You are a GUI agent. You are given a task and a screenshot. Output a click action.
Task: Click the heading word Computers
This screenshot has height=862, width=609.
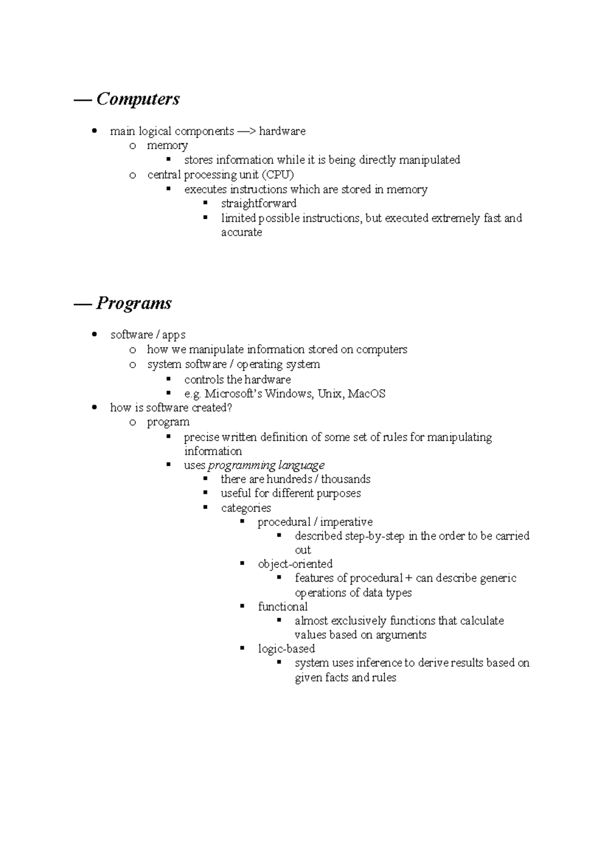pyautogui.click(x=138, y=99)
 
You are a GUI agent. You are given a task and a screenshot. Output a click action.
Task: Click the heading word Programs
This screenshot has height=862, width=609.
pyautogui.click(x=134, y=304)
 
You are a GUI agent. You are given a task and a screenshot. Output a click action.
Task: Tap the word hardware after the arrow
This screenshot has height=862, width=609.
pyautogui.click(x=282, y=131)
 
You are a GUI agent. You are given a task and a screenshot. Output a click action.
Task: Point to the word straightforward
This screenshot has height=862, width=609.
pyautogui.click(x=259, y=204)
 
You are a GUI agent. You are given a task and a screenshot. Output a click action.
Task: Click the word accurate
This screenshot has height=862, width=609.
pyautogui.click(x=242, y=233)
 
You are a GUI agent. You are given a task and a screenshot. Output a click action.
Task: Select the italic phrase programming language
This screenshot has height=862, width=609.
pyautogui.click(x=266, y=466)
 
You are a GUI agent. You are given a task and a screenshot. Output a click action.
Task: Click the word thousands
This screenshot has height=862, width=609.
pyautogui.click(x=346, y=480)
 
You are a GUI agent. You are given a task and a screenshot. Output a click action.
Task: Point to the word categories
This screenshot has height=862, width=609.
pyautogui.click(x=246, y=508)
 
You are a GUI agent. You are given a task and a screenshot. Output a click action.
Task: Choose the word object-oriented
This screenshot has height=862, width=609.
pyautogui.click(x=295, y=564)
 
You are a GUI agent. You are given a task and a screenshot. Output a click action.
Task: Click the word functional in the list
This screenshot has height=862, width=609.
pyautogui.click(x=283, y=607)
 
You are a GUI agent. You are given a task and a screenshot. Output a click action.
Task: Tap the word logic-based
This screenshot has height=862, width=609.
pyautogui.click(x=286, y=649)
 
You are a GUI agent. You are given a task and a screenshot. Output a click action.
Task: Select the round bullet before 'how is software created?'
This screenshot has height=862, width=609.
pyautogui.click(x=94, y=408)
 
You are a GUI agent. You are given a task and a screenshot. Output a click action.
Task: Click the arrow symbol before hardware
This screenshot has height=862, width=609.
pyautogui.click(x=247, y=131)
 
